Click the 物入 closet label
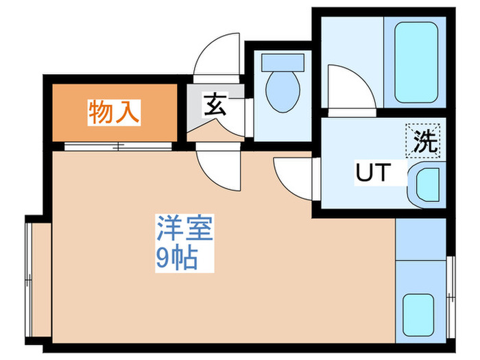[114, 112]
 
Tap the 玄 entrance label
[213, 105]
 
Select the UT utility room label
[374, 173]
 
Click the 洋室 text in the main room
[186, 229]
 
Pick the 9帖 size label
[177, 259]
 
